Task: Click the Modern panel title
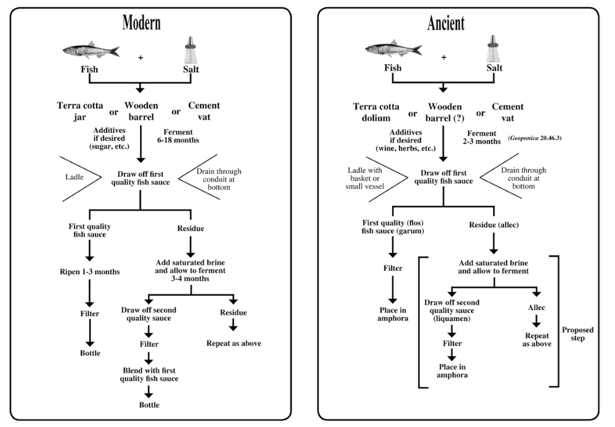141,23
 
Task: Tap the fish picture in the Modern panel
91,50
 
